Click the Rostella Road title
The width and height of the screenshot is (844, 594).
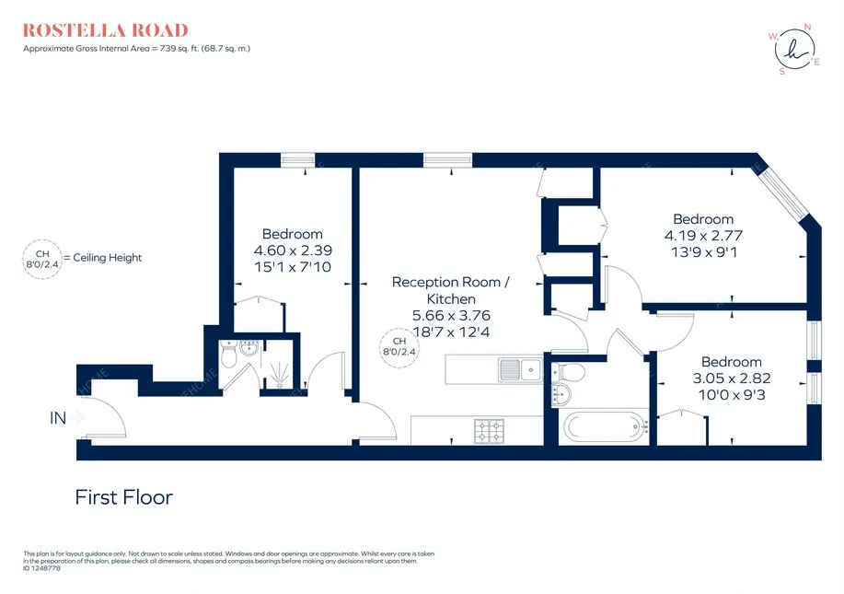pyautogui.click(x=106, y=30)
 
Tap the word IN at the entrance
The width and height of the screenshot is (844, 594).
pyautogui.click(x=58, y=418)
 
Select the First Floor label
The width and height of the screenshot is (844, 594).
pyautogui.click(x=124, y=497)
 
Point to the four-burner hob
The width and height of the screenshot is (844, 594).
pyautogui.click(x=490, y=431)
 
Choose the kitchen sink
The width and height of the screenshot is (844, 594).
pyautogui.click(x=521, y=369)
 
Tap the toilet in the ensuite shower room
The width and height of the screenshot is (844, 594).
pyautogui.click(x=229, y=354)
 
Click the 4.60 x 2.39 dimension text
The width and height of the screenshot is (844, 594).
pyautogui.click(x=293, y=250)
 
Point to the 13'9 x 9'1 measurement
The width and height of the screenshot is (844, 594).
pyautogui.click(x=704, y=252)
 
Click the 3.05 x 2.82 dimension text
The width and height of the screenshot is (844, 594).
pyautogui.click(x=732, y=379)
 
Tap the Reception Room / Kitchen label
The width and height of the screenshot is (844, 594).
pyautogui.click(x=450, y=290)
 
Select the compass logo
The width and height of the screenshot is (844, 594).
pyautogui.click(x=794, y=50)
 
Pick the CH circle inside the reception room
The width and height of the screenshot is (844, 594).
pyautogui.click(x=399, y=348)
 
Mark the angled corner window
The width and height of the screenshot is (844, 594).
pyautogui.click(x=786, y=190)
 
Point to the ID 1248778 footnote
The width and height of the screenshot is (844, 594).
pyautogui.click(x=41, y=568)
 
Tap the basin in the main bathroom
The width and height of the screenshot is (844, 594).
pyautogui.click(x=561, y=394)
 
